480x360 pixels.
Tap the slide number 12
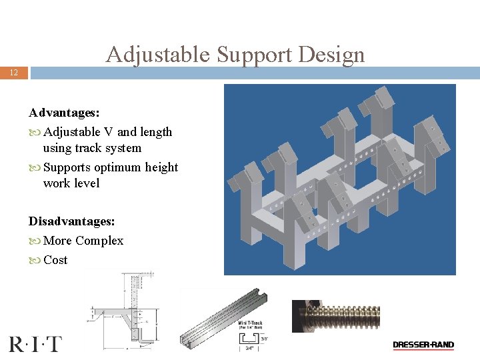(14, 73)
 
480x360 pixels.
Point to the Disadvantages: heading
(72, 221)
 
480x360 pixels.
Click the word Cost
(55, 260)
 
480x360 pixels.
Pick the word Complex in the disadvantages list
(99, 241)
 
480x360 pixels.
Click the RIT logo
(35, 344)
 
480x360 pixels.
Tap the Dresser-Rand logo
(423, 345)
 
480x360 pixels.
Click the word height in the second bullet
(163, 167)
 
